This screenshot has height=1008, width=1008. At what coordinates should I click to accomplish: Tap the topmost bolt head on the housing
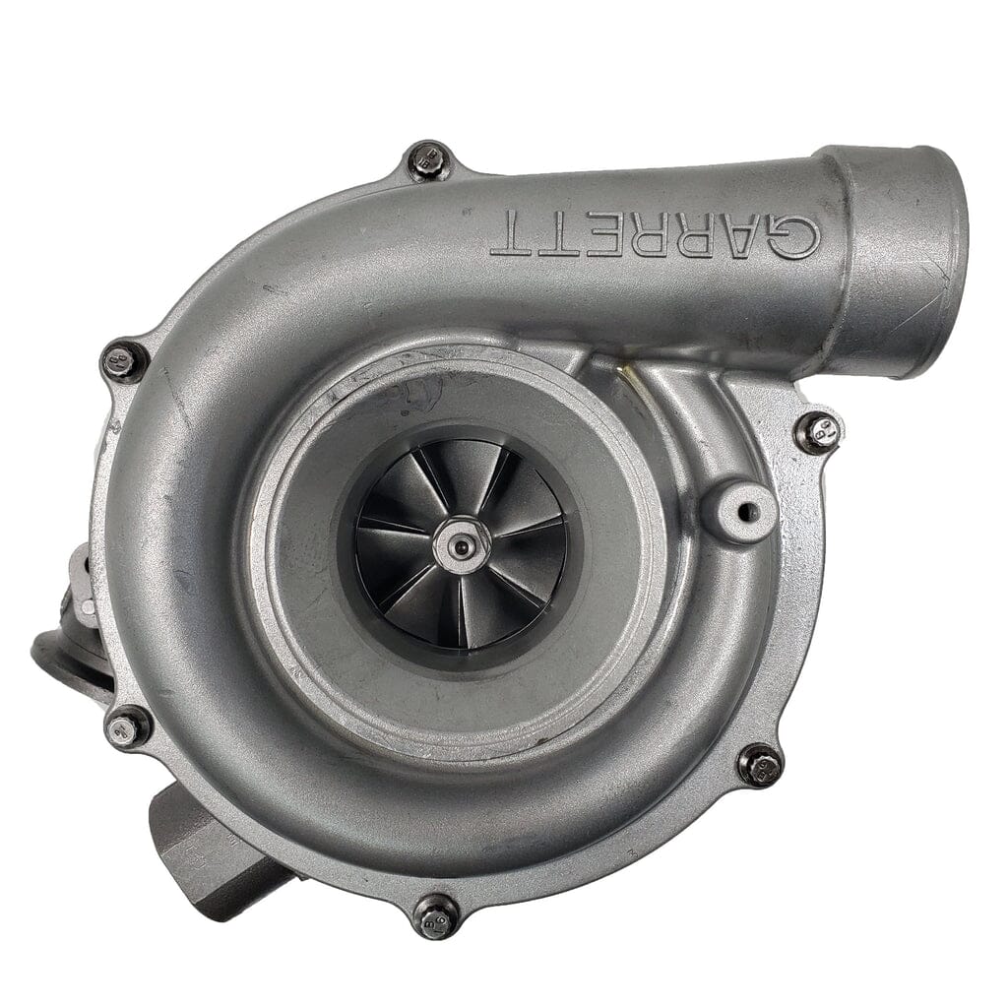pos(429,160)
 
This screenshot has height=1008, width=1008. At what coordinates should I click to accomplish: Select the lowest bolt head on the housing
pos(435,915)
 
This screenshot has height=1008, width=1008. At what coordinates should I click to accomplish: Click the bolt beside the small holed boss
pos(817,432)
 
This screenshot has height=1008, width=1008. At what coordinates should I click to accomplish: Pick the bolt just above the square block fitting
pos(127,728)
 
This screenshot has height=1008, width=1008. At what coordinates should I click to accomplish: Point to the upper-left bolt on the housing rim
pos(125,361)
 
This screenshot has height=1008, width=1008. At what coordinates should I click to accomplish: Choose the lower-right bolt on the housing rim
pos(759,765)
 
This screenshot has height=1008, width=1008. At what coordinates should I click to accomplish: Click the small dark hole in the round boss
pos(745,510)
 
